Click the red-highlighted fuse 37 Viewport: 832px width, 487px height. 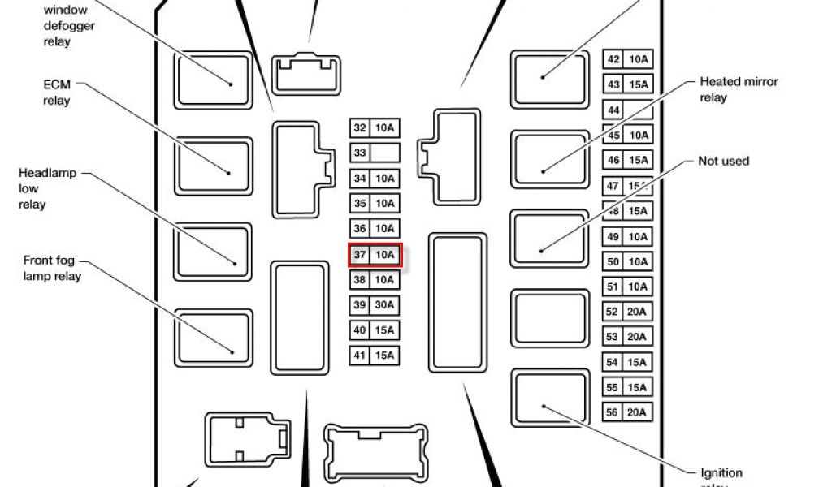point(375,255)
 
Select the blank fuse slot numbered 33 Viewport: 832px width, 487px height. point(375,153)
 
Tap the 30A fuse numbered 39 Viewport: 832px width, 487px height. point(375,305)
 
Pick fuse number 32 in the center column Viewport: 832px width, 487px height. point(375,127)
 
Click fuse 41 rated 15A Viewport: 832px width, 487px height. point(375,356)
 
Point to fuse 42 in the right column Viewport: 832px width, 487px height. point(627,59)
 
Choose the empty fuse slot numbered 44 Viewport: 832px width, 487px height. point(627,110)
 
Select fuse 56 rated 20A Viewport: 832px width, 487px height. point(627,413)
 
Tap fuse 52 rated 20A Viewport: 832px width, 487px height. point(627,312)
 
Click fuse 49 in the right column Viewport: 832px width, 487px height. point(627,236)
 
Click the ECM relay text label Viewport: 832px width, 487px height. point(57,93)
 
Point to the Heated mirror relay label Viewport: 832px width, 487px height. point(739,89)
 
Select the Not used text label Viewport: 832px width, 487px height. point(723,162)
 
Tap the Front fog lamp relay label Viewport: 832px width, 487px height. point(52,268)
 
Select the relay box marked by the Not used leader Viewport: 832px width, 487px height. point(549,237)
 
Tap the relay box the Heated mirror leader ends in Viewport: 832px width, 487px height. point(549,157)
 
